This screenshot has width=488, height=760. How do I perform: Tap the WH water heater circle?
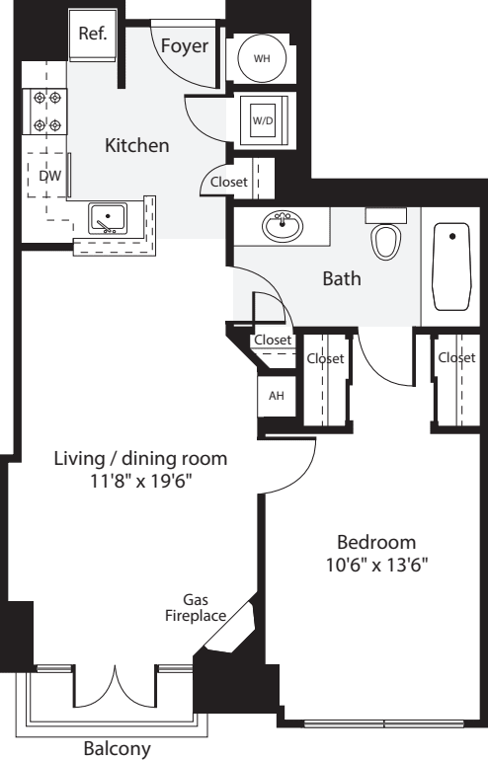point(262,58)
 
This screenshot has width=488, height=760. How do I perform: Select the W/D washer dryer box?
point(262,120)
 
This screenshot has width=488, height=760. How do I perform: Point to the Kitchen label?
point(137,146)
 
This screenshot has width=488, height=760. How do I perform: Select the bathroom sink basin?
point(283,227)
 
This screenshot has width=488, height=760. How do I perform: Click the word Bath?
point(342,279)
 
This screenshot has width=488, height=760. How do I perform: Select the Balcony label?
point(118,748)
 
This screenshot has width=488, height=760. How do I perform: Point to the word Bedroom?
point(376,542)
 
